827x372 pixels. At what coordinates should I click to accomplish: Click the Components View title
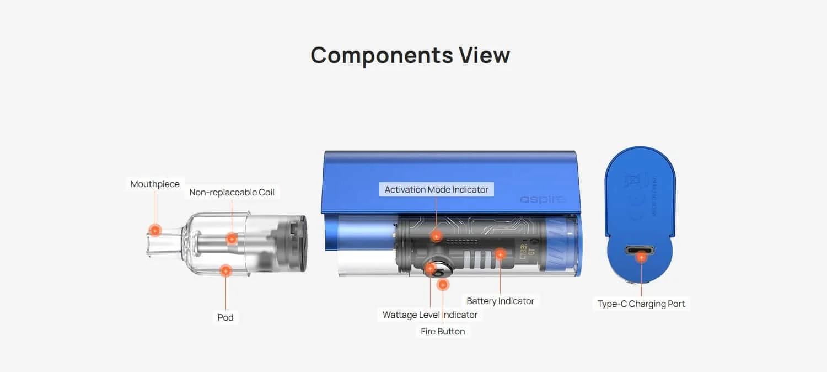coord(410,55)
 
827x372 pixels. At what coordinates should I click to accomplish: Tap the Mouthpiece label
coord(155,184)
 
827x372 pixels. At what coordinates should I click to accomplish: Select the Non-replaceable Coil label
coord(232,192)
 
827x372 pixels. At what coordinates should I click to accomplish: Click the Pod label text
coord(225,317)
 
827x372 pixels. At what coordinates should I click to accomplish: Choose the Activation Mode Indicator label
coord(436,189)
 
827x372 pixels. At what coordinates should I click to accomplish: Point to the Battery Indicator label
coord(500,301)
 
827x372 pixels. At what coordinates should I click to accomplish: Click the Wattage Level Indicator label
coord(430,315)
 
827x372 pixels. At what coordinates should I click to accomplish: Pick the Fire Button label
coord(443,331)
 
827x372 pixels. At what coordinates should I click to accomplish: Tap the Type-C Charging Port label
coord(641,304)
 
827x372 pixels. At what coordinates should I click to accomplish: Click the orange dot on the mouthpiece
coord(155,231)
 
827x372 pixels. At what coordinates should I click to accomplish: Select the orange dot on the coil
coord(232,238)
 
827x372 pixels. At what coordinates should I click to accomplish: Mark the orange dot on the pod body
coord(225,271)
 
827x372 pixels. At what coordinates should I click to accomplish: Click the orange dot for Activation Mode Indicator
coord(436,236)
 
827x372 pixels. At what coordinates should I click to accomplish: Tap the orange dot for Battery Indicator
coord(500,254)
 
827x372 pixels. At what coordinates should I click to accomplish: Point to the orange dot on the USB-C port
coord(641,257)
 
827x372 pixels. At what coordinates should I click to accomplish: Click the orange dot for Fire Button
coord(443,285)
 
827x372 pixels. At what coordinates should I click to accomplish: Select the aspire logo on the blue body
coord(543,199)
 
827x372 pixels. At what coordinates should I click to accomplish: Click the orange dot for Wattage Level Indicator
coord(430,269)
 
